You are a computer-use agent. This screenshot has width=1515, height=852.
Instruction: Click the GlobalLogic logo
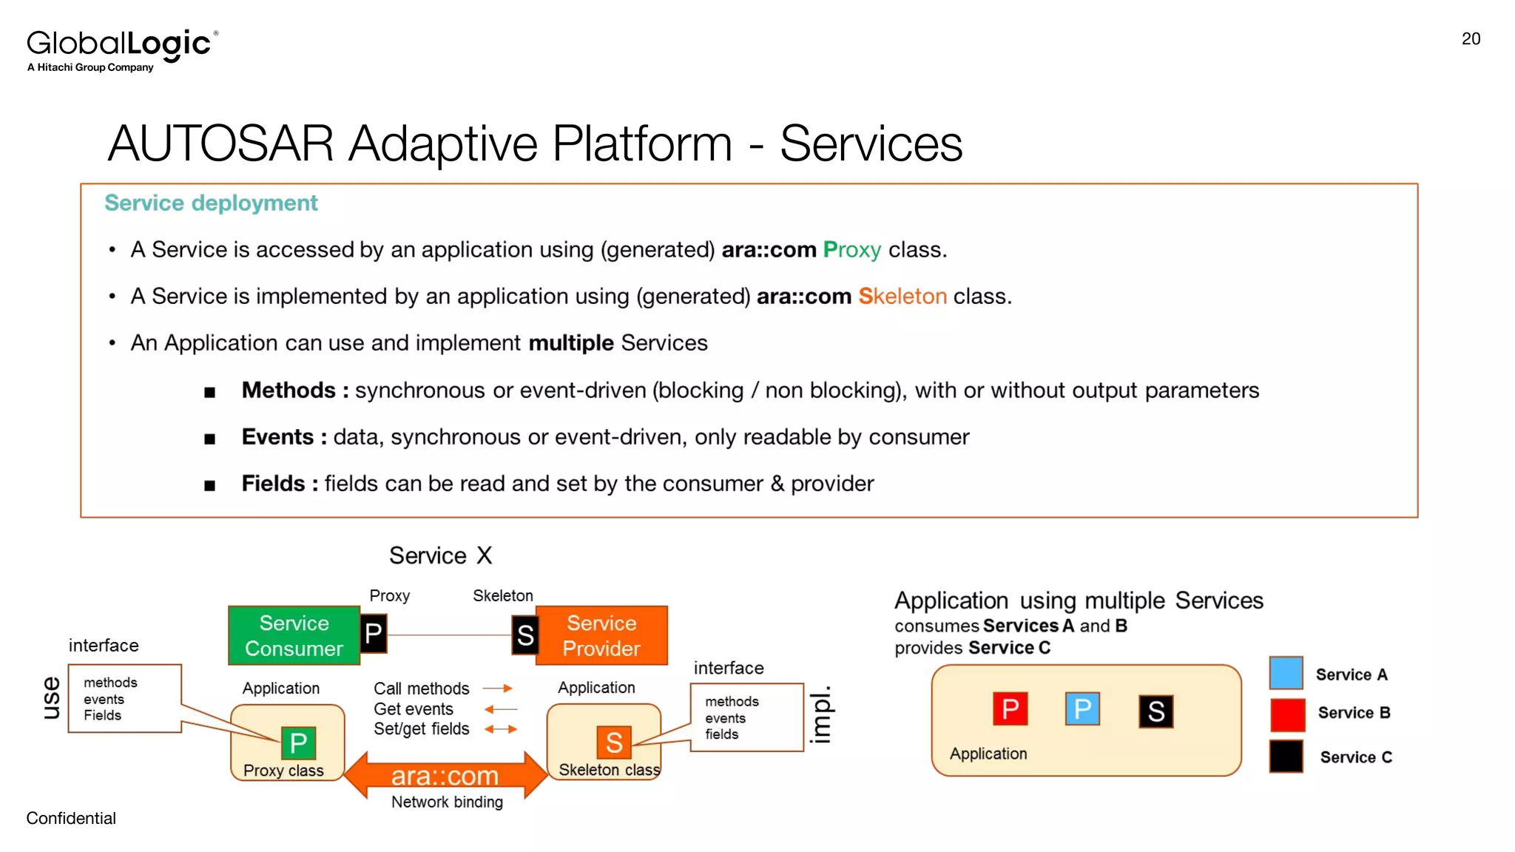[x=122, y=49]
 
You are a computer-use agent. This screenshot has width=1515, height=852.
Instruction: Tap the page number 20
[x=1471, y=39]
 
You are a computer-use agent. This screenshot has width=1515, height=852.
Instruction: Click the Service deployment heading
[x=211, y=203]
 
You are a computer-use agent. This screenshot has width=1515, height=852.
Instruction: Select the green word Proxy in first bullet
[x=851, y=250]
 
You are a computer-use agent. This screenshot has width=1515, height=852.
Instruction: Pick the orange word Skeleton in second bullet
[x=902, y=297]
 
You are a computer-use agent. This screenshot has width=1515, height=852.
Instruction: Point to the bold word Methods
[x=289, y=390]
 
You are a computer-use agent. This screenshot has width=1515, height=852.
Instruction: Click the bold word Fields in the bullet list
[x=273, y=484]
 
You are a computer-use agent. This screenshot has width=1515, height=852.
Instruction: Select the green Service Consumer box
[x=294, y=635]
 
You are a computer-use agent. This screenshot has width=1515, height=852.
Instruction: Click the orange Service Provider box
[x=601, y=635]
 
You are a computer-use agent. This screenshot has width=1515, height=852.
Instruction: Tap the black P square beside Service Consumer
[x=374, y=634]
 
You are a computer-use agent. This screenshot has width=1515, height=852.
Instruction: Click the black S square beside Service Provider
[x=524, y=635]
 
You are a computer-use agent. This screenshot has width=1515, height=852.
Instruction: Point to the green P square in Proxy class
[x=298, y=743]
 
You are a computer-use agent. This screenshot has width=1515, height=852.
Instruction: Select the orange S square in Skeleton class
[x=614, y=743]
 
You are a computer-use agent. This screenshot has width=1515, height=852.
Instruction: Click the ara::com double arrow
[x=445, y=775]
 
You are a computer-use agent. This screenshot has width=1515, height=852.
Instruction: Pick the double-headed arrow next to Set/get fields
[x=501, y=729]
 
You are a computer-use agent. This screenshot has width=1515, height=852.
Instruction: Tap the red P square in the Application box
[x=1010, y=709]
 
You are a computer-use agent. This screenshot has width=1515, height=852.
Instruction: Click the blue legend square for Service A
[x=1286, y=673]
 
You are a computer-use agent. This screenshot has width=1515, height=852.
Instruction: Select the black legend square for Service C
[x=1286, y=756]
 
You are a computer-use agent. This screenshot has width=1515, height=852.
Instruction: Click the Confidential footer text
[x=71, y=818]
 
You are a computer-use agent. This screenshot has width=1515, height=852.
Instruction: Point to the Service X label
[x=440, y=555]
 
